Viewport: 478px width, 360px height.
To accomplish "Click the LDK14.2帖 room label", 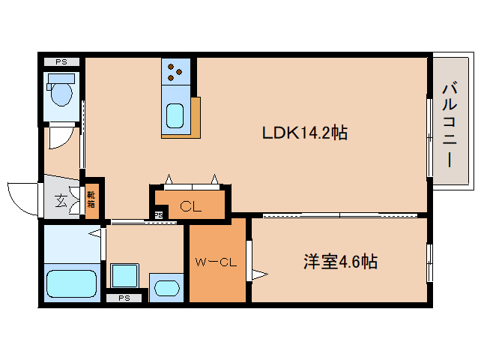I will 304,133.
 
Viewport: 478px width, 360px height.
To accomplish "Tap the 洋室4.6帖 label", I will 339,262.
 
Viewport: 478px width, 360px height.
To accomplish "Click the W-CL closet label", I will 217,262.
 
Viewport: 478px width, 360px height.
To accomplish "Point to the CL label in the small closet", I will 191,206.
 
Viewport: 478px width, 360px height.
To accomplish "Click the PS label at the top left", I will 61,62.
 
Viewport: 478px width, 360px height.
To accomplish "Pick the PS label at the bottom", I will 123,298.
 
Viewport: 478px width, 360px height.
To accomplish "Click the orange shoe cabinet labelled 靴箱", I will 91,199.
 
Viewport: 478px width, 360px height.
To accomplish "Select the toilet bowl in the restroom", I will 60,94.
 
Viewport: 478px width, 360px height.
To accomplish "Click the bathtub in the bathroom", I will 71,283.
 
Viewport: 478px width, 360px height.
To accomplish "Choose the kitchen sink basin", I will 175,117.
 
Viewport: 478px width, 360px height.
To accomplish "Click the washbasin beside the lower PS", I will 166,288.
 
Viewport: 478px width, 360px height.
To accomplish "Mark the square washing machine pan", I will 123,275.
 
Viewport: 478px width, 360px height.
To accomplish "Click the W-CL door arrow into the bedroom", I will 258,273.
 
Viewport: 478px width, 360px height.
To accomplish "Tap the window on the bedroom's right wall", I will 429,262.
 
